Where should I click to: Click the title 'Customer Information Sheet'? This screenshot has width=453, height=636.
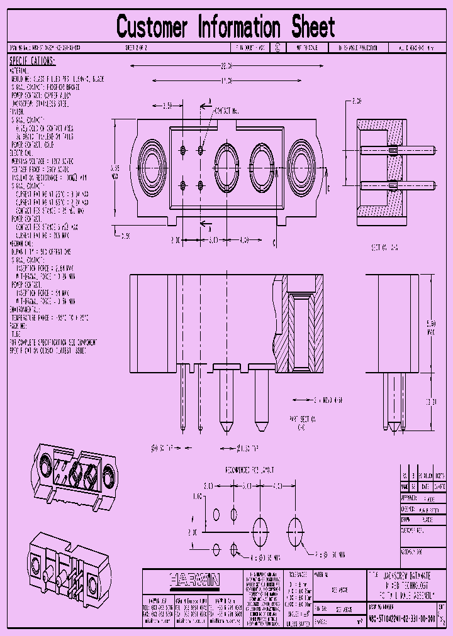point(226,27)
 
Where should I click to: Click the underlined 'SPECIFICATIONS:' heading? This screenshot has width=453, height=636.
point(32,61)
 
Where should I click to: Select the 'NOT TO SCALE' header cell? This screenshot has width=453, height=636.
point(305,48)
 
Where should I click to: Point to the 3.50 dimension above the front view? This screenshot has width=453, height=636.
point(167,106)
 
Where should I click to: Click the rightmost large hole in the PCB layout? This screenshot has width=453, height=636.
point(294,526)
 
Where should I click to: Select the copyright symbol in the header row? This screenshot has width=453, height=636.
point(277,48)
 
